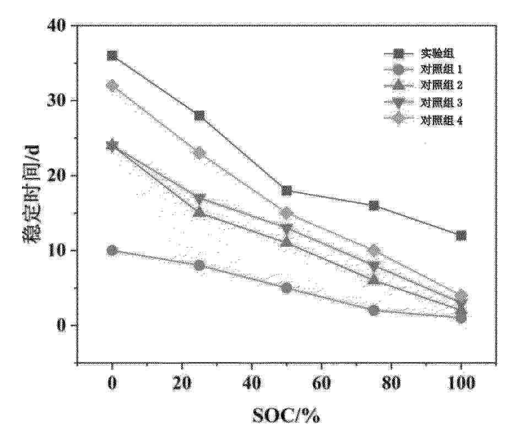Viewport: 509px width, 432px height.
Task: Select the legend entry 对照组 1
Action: [x=441, y=69]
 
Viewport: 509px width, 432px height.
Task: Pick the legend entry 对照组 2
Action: [x=441, y=85]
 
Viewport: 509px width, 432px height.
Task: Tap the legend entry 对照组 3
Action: [x=441, y=102]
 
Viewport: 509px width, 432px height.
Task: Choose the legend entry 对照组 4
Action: [x=441, y=120]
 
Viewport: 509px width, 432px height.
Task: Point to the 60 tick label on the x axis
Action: [x=322, y=384]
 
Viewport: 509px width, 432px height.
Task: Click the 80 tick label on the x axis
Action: [x=392, y=384]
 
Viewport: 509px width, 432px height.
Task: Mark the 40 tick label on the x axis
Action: [x=252, y=384]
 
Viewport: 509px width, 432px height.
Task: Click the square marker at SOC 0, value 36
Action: [x=112, y=56]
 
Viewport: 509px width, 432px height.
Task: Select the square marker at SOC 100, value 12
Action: [x=461, y=235]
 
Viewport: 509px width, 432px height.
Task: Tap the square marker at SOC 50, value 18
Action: [x=286, y=191]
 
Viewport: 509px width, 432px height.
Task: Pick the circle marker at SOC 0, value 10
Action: [x=112, y=250]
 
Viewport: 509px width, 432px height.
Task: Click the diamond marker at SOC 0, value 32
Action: [x=112, y=85]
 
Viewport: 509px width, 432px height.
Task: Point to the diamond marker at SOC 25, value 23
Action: [x=199, y=153]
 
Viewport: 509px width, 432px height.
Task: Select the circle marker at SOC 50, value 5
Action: [x=286, y=288]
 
